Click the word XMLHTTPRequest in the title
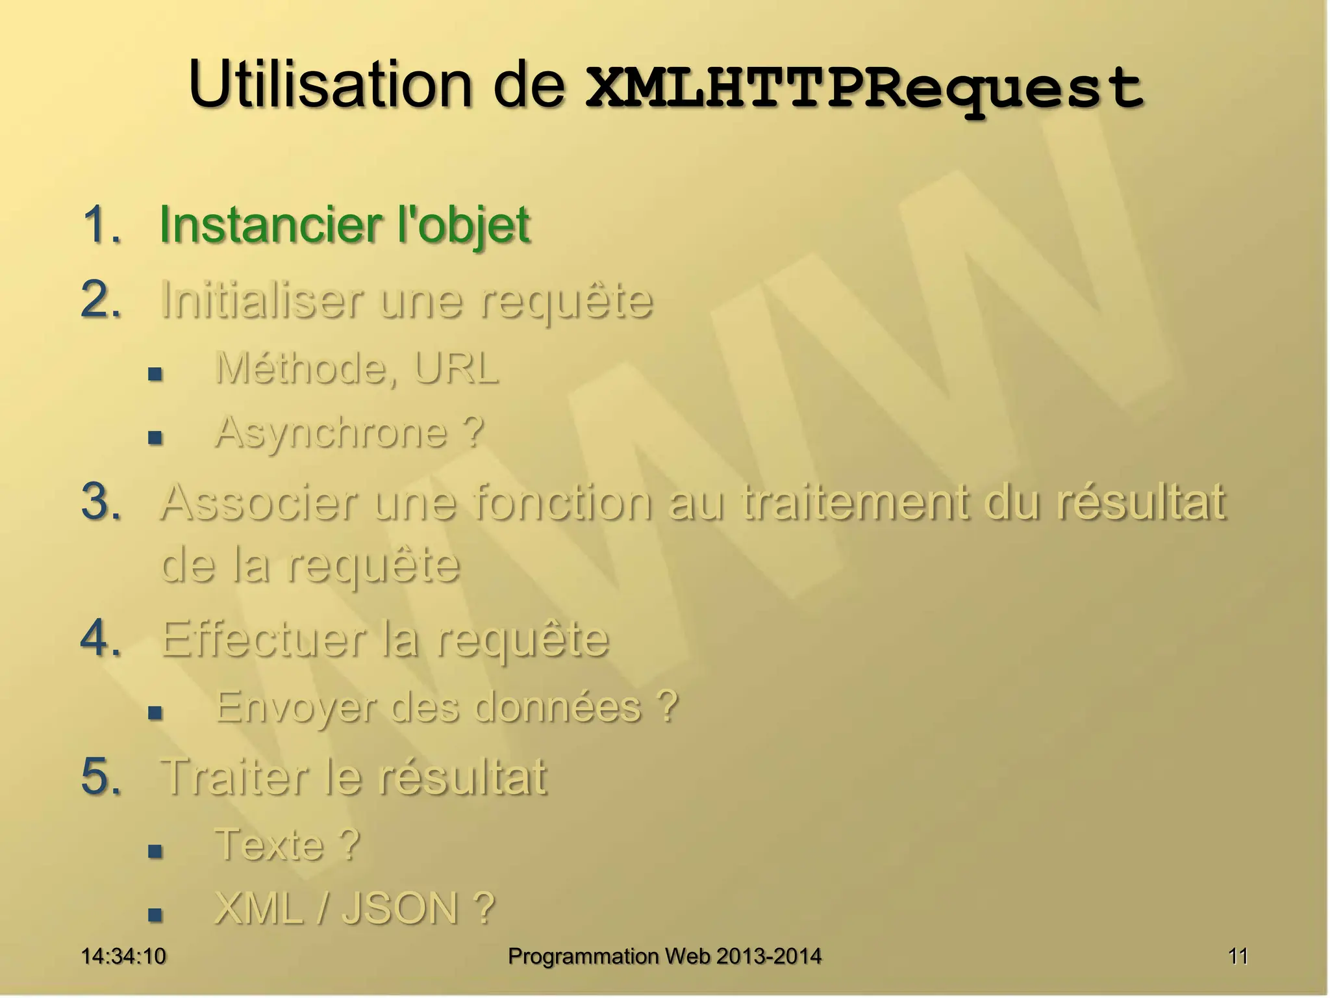pyautogui.click(x=864, y=88)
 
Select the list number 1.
pyautogui.click(x=102, y=225)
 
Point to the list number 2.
pyautogui.click(x=102, y=300)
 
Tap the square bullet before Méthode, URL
pyautogui.click(x=155, y=374)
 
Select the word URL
pyautogui.click(x=456, y=368)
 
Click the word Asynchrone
pyautogui.click(x=331, y=433)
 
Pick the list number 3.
pyautogui.click(x=102, y=502)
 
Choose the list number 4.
pyautogui.click(x=102, y=638)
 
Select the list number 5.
pyautogui.click(x=102, y=776)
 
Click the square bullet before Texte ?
pyautogui.click(x=155, y=851)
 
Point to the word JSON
pyautogui.click(x=401, y=908)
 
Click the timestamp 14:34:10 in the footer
pyautogui.click(x=123, y=956)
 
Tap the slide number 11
pyautogui.click(x=1238, y=956)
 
